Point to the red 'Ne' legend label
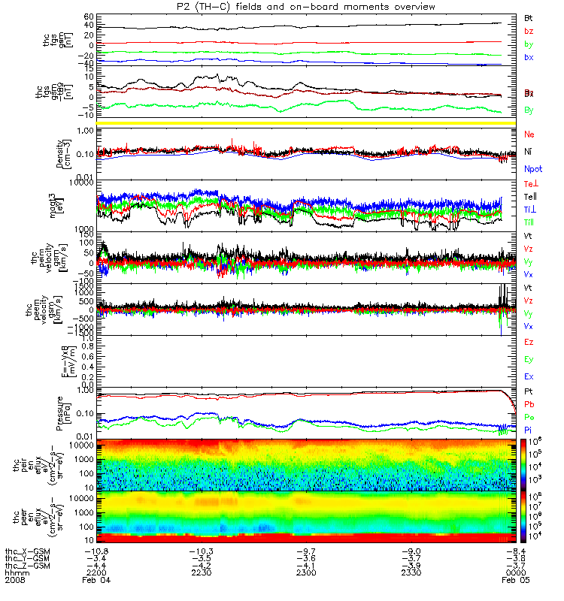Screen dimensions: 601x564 (x=529, y=134)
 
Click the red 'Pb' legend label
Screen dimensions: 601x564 (x=529, y=404)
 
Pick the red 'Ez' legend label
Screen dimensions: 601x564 (x=529, y=342)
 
